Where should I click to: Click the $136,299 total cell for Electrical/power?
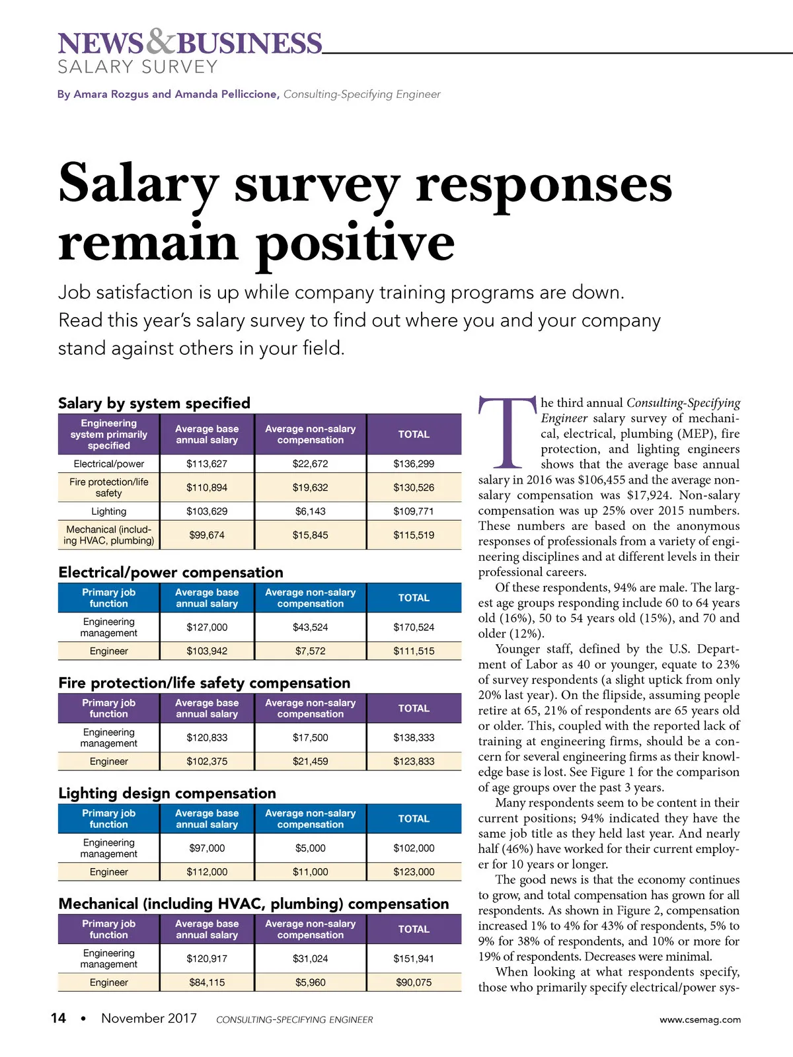tap(414, 464)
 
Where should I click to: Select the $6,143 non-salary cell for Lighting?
tap(310, 511)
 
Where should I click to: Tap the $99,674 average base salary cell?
tap(207, 535)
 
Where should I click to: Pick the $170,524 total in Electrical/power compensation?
tap(414, 627)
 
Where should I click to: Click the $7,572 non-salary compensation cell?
tap(310, 651)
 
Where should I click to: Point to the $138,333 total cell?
tap(414, 737)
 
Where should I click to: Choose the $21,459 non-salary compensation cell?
tap(310, 761)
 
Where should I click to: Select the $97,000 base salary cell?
tap(207, 848)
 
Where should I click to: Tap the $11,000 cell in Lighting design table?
tap(310, 871)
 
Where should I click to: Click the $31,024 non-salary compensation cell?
tap(310, 958)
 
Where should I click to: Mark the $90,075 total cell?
tap(414, 982)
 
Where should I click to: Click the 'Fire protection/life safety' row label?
tap(108, 488)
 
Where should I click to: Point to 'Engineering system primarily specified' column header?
tap(108, 434)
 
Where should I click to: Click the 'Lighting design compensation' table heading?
tap(167, 793)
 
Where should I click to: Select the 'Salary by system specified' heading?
tap(154, 403)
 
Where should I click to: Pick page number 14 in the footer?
tap(58, 1018)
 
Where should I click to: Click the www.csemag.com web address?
tap(700, 1019)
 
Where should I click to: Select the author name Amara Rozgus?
tap(111, 94)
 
